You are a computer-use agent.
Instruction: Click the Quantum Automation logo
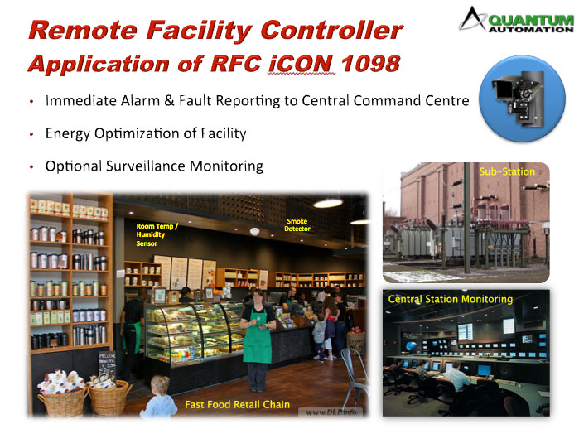tap(516, 20)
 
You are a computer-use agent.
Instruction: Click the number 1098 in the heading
tap(370, 64)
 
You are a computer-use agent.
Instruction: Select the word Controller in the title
tap(331, 30)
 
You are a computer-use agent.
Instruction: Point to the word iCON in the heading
tap(302, 64)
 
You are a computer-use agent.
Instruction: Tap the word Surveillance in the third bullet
tap(146, 166)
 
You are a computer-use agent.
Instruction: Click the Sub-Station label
tap(507, 171)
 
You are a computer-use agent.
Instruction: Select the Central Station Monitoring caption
tap(450, 299)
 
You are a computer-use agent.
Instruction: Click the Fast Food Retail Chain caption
tap(238, 405)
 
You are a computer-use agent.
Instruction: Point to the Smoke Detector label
tap(297, 224)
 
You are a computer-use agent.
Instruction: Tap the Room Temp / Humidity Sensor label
tap(157, 234)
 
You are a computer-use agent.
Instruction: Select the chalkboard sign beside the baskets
tap(107, 364)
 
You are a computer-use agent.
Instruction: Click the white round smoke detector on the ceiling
tap(254, 232)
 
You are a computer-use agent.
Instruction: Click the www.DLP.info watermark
tap(331, 412)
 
